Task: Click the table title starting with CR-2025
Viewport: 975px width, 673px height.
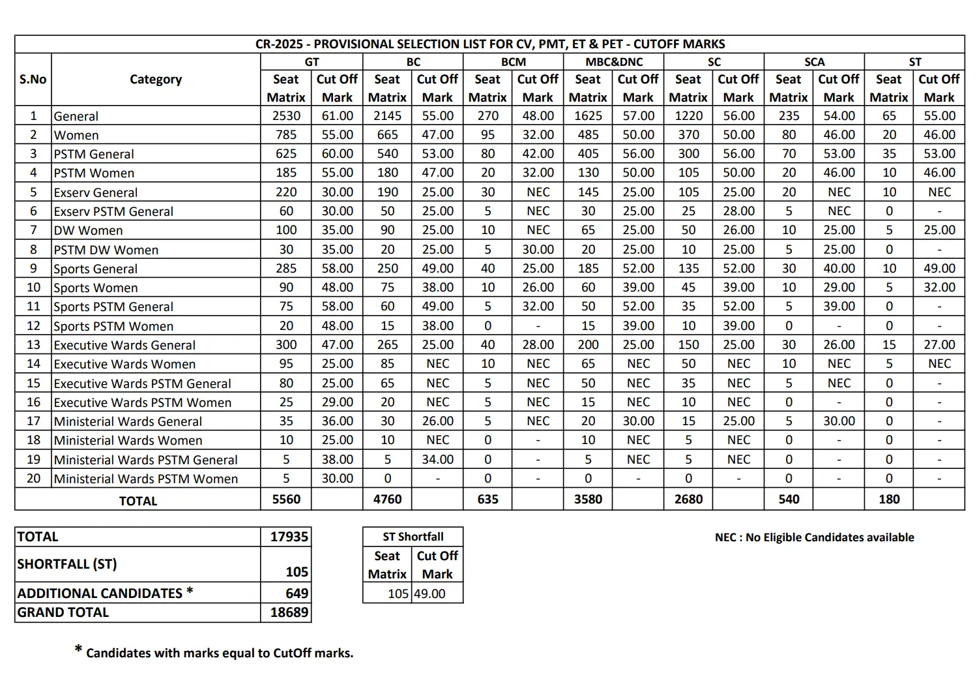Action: (489, 44)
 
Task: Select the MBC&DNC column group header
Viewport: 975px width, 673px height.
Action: (613, 62)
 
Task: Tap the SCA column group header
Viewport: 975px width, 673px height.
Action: (814, 62)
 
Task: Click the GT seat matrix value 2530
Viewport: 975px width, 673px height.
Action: (286, 116)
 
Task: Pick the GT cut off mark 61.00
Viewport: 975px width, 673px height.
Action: (337, 116)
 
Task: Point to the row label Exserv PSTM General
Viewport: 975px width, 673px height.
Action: (113, 211)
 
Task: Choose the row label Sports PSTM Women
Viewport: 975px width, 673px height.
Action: (113, 326)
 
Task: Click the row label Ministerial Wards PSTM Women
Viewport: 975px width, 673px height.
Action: (145, 479)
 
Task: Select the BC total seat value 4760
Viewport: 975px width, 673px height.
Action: (387, 500)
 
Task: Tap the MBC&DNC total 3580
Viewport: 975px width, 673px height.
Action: (588, 500)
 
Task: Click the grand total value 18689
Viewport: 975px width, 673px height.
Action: (289, 612)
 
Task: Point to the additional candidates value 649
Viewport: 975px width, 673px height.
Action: (297, 593)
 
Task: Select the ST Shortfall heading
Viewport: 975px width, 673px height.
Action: (413, 537)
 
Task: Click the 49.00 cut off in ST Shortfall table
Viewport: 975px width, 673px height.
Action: (429, 594)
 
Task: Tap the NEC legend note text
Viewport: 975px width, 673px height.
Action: (814, 537)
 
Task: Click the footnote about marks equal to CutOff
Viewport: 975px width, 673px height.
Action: (219, 653)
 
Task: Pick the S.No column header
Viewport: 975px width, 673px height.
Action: (33, 80)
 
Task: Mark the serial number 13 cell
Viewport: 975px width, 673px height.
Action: (33, 345)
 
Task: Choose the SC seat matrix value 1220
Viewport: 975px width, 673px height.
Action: (688, 116)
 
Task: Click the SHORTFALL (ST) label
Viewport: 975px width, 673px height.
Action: (66, 564)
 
